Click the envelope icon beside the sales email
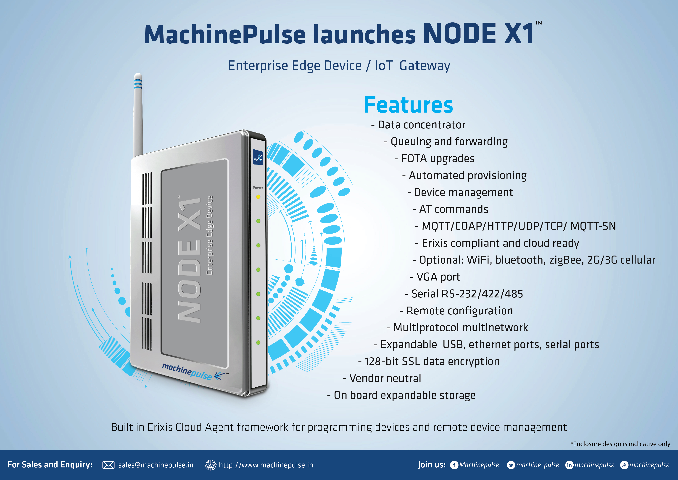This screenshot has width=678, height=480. pos(108,465)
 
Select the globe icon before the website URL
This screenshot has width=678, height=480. pos(211,465)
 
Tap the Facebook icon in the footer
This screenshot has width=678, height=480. pos(454,465)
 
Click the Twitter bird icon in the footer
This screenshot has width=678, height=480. pos(511,465)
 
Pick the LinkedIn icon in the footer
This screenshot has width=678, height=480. pos(569,465)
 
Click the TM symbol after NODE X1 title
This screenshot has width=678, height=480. pos(539,23)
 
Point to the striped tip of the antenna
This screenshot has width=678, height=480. pos(138,81)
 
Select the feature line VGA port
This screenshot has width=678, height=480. pos(435,277)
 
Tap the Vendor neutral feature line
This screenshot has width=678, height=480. pos(382,378)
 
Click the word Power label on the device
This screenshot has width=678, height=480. pos(258,188)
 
